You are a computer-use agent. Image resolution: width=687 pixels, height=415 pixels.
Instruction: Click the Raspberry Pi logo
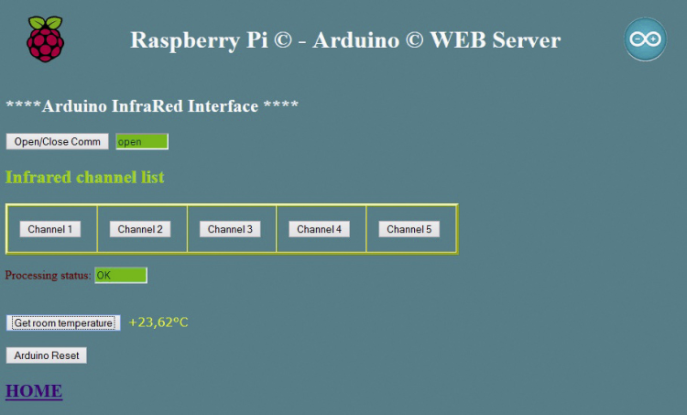tap(46, 38)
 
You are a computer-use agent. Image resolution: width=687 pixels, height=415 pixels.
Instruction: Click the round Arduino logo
tap(645, 39)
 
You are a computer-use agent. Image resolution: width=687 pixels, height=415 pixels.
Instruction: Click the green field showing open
tap(142, 142)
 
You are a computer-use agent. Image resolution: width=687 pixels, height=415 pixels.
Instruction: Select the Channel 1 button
tap(50, 229)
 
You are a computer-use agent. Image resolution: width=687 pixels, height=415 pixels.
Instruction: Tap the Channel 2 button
tap(140, 229)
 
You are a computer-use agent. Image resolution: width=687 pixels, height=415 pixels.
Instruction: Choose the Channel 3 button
tap(230, 229)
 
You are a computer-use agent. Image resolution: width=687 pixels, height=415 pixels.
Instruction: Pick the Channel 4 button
tap(319, 229)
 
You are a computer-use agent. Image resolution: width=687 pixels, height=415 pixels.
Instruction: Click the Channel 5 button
tap(409, 229)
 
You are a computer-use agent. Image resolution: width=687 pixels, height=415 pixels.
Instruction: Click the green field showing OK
tap(121, 275)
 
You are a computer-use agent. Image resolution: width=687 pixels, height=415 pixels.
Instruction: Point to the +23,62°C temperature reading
tap(158, 322)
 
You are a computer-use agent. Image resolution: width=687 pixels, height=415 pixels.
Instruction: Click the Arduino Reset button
tap(47, 355)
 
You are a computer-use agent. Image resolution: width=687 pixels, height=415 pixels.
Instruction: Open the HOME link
tap(34, 391)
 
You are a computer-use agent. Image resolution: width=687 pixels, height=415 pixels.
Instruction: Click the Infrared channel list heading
tap(85, 177)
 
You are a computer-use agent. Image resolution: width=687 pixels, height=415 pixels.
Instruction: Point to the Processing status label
tap(48, 275)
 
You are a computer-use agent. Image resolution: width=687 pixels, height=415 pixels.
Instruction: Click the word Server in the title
tap(527, 40)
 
